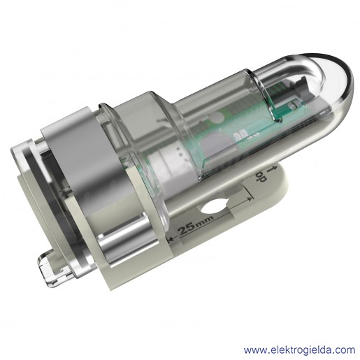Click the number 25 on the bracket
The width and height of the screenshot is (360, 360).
coord(187,229)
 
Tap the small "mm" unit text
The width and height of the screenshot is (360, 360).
coord(205,222)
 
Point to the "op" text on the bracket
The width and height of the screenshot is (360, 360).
coord(261,177)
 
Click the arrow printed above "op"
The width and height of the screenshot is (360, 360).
coord(273,169)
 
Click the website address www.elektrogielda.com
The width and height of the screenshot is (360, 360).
coord(299,350)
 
